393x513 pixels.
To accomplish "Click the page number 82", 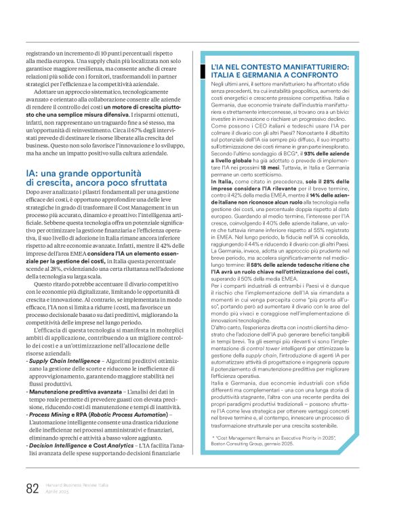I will click(30, 487).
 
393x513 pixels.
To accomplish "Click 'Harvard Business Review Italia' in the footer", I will click(73, 484).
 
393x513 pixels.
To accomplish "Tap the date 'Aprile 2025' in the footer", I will click(58, 491).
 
